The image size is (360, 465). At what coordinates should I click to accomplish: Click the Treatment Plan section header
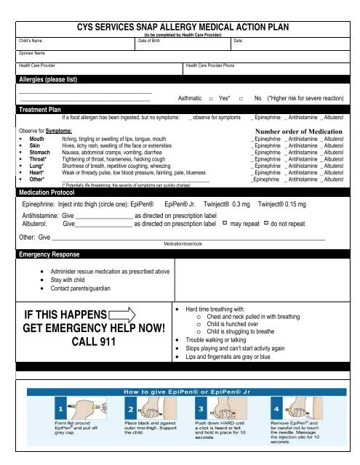[x=40, y=109]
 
